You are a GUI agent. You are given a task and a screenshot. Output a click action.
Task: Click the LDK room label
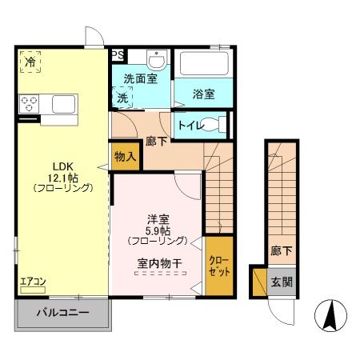coord(62,165)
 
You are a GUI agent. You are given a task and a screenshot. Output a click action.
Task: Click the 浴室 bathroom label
coord(203,94)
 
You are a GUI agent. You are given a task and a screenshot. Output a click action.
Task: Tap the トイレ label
coord(189,125)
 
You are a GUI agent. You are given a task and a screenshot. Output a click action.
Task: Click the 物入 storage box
coord(125,157)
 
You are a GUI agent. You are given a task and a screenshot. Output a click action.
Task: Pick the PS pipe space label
coord(118,55)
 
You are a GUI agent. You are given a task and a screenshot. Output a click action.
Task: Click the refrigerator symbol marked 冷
coord(30,62)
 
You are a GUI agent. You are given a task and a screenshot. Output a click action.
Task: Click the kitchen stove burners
coord(30,103)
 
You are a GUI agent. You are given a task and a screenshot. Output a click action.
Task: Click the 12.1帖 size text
coord(62,177)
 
